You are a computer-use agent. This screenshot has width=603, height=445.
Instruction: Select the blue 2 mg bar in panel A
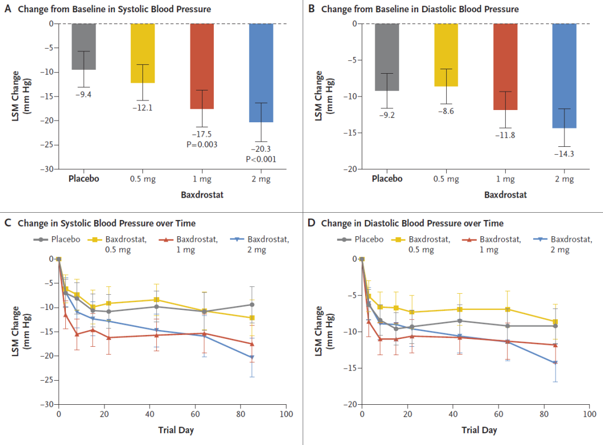(261, 73)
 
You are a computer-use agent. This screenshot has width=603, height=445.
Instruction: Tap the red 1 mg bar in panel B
(505, 66)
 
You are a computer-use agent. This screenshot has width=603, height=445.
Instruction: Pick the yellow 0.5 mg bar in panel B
(446, 55)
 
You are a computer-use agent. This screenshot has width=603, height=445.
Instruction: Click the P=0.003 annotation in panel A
(202, 145)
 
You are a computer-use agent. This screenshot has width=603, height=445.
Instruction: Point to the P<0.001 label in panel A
(261, 159)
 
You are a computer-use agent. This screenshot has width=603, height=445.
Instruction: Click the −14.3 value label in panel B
(564, 154)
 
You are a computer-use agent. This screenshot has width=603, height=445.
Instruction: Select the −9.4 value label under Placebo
(84, 94)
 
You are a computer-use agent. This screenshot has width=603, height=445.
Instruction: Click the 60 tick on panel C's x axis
(195, 415)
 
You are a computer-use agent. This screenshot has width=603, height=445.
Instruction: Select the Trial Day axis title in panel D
(479, 430)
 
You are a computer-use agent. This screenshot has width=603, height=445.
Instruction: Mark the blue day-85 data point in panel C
(252, 357)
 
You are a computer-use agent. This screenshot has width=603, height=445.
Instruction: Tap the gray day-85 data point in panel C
(252, 305)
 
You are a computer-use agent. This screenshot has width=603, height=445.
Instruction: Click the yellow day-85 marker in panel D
(555, 322)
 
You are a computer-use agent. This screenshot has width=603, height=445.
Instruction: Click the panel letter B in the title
(311, 9)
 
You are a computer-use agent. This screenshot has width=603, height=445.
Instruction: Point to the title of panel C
(106, 223)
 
